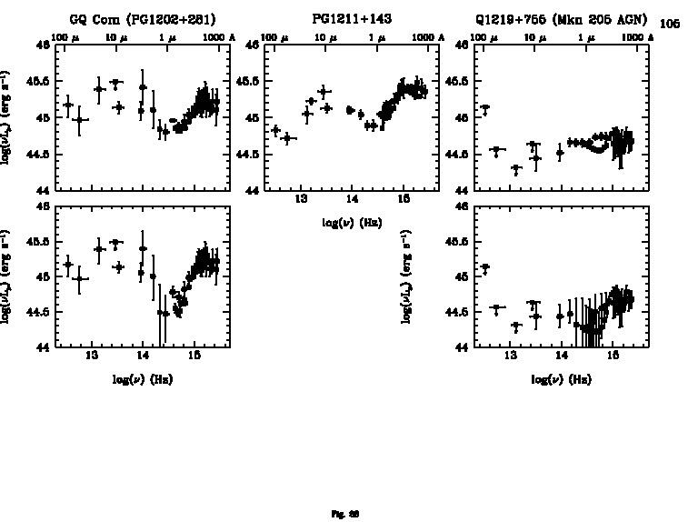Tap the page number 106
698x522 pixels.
click(x=669, y=24)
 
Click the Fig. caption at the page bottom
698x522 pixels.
click(x=348, y=513)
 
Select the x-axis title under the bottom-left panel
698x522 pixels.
click(x=143, y=378)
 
